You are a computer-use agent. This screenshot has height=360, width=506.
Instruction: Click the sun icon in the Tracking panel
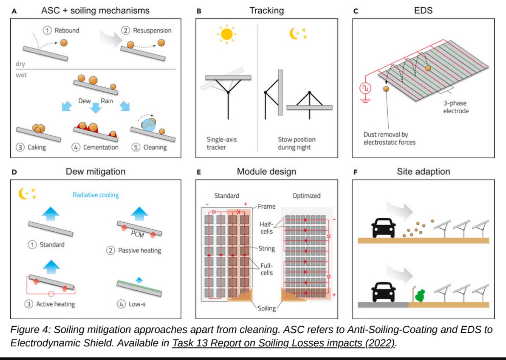pos(227,34)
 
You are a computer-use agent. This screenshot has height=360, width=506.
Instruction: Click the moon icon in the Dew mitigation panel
pos(23,194)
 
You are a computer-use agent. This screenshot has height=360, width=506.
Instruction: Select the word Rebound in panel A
pos(67,30)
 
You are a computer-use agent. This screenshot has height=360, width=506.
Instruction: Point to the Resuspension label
pos(152,30)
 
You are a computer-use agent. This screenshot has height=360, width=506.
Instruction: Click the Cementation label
pos(101,147)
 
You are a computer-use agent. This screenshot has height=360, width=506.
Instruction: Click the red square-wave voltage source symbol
pos(365,88)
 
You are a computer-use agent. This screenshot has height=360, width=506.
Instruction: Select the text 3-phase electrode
pos(455,107)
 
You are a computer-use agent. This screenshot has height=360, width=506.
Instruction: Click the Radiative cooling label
pos(96,195)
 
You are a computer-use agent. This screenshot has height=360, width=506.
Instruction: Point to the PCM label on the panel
pos(137,234)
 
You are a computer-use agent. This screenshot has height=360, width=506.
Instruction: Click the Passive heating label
pos(139,250)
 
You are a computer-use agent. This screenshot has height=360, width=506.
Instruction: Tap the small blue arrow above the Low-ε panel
pos(139,280)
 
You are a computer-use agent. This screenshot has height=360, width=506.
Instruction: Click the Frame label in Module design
pos(266,206)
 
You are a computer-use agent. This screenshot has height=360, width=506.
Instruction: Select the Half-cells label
pos(266,228)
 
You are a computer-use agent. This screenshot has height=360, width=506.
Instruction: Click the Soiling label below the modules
pos(266,308)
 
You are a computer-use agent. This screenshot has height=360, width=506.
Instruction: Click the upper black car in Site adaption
pos(383,228)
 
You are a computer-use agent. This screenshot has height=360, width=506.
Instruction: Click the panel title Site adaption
pos(423,172)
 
